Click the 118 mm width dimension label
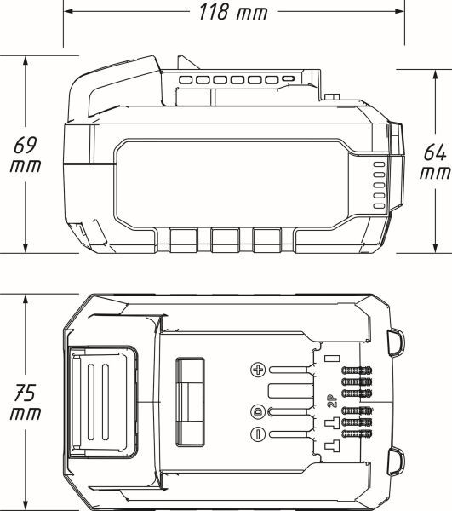pos(233,12)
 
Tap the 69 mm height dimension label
pos(26,155)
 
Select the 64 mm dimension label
pos(435,162)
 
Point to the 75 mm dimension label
pos(26,402)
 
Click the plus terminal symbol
pos(258,370)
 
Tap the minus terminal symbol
pos(258,434)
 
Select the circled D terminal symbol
pos(258,411)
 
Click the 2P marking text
pos(332,401)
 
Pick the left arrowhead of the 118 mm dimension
pos(68,11)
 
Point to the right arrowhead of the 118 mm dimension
pos(399,11)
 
